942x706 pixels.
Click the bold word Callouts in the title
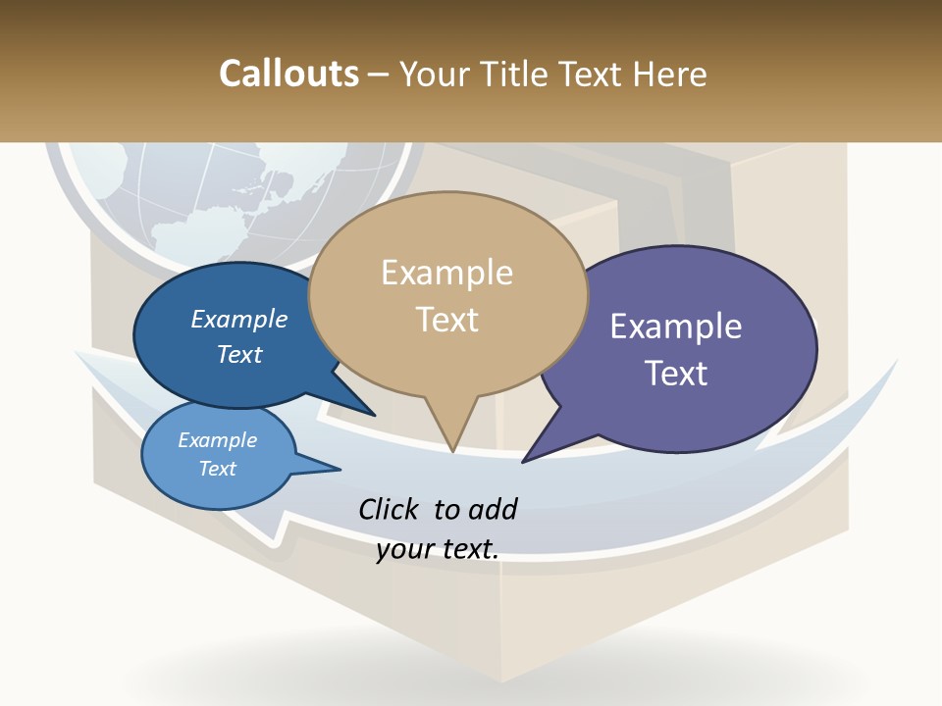288,74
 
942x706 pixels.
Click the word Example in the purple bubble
676,327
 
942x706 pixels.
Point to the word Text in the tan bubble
447,320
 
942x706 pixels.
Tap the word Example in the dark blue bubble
239,319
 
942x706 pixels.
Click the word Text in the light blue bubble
218,469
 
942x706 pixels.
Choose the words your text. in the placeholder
438,549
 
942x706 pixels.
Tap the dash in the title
379,75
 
